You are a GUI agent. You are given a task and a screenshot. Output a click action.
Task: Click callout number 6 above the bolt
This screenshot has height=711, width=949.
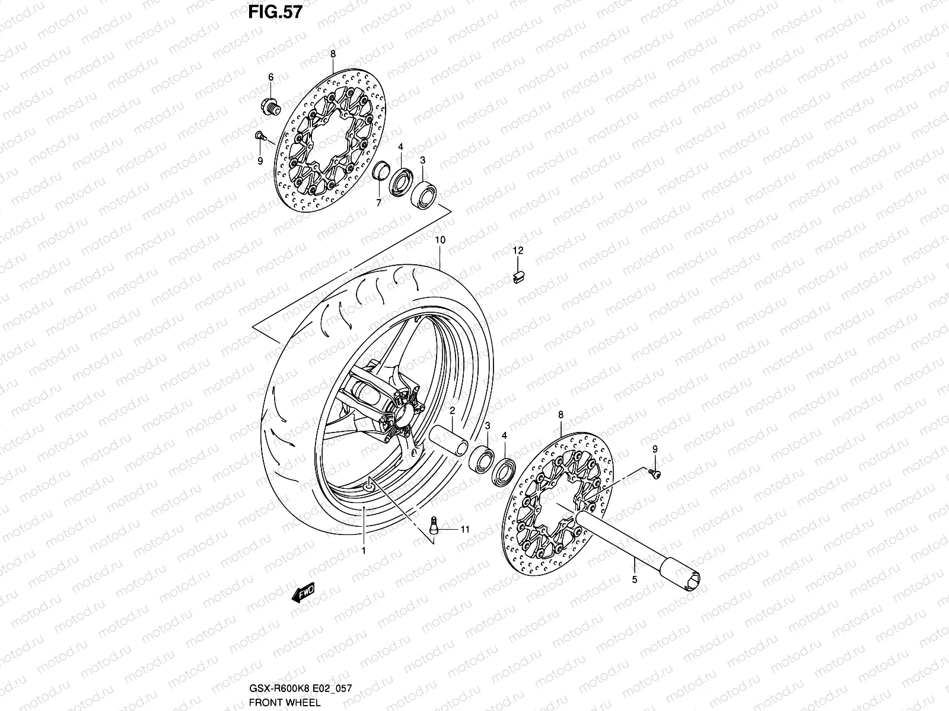tap(271, 77)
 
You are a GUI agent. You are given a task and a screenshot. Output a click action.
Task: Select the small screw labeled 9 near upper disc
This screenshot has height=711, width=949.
tap(260, 136)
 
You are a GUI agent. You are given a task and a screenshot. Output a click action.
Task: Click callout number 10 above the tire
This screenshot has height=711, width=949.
tap(440, 241)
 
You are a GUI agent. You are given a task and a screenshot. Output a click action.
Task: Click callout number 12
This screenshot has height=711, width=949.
tap(518, 251)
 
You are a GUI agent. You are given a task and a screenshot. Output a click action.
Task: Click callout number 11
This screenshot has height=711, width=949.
tap(464, 530)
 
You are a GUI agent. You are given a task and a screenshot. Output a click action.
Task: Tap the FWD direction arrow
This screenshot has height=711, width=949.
tap(302, 592)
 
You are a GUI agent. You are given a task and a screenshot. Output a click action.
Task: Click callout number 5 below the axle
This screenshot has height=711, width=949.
tap(634, 579)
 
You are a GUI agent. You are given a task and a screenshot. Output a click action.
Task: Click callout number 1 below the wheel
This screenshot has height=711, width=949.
tap(364, 550)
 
